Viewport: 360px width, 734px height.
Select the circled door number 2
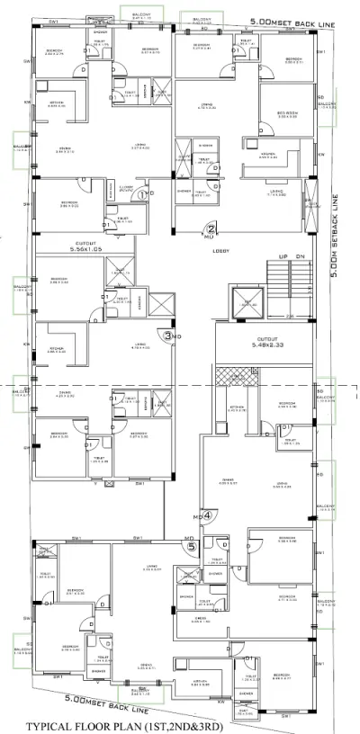211,228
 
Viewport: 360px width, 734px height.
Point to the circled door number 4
206,515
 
